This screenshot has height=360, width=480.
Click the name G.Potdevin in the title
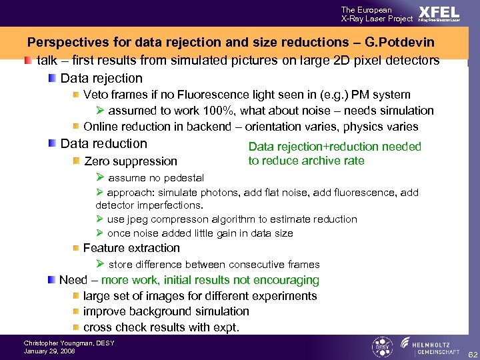[401, 43]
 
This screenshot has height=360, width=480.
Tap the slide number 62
[472, 353]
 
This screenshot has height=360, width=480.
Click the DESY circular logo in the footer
[381, 347]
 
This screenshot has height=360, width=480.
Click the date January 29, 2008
[48, 351]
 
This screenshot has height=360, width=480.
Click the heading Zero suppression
[131, 161]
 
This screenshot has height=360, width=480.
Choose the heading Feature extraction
[131, 248]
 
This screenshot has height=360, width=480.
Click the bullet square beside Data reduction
[52, 143]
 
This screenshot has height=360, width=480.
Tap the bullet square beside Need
[51, 280]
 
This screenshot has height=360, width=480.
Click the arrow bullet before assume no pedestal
[100, 177]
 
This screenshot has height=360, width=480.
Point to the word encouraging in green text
[287, 280]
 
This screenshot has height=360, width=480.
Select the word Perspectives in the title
[66, 43]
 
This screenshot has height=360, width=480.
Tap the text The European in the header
[366, 10]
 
